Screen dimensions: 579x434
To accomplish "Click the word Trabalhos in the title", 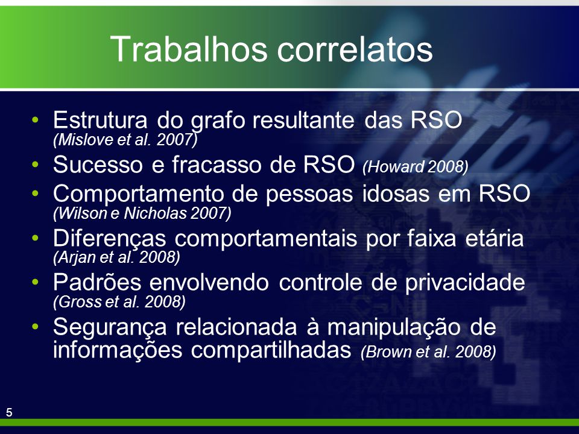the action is (189, 49).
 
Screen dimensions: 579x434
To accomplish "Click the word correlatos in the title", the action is (355, 49).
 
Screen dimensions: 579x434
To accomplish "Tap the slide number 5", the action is (9, 412).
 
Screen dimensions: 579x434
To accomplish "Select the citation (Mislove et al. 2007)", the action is (125, 139).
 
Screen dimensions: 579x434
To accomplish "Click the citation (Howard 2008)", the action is (416, 167).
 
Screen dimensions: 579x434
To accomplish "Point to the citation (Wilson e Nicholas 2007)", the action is (142, 213).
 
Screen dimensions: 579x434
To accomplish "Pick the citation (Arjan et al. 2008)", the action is (116, 257).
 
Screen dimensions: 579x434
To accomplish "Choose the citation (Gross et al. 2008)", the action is (119, 302).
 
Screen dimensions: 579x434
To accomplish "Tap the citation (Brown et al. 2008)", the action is (428, 351).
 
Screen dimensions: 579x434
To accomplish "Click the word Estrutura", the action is (100, 119).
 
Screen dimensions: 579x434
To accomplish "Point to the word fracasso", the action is (216, 164).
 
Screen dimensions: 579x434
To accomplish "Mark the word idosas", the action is (396, 193).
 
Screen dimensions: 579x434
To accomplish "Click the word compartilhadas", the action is (271, 350).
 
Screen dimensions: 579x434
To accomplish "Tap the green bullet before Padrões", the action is (36, 282).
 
